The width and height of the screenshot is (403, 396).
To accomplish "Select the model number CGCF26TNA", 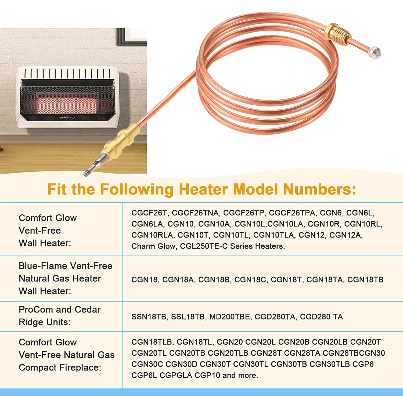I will pyautogui.click(x=195, y=213).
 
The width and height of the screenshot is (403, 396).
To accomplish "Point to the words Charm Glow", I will pyautogui.click(x=153, y=246).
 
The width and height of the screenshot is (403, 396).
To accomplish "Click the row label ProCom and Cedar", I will pyautogui.click(x=59, y=309).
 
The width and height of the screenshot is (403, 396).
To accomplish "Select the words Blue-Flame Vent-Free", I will pyautogui.click(x=66, y=266).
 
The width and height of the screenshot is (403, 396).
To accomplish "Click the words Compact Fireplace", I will pyautogui.click(x=60, y=367).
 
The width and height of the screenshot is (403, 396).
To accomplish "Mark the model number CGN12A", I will pyautogui.click(x=346, y=235).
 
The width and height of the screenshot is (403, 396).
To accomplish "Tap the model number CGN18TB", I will pyautogui.click(x=365, y=280).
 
